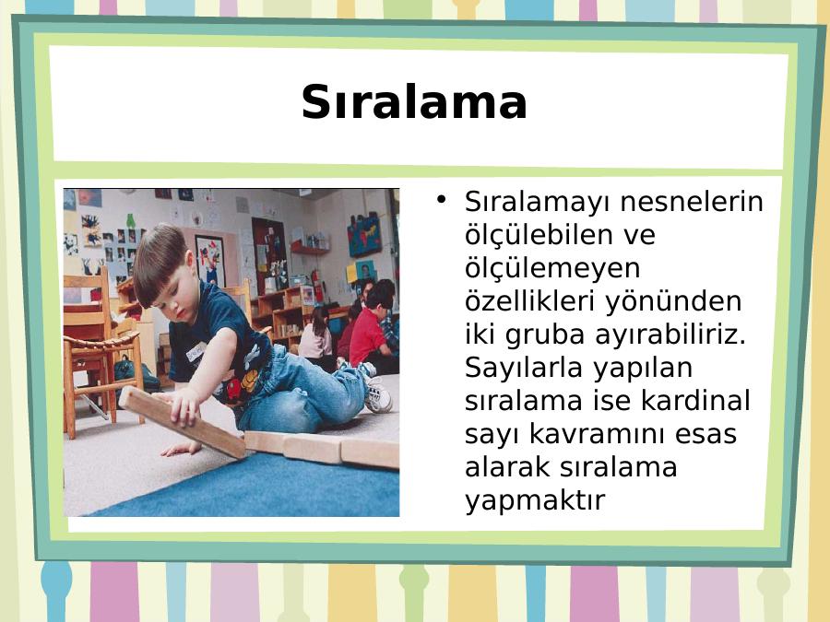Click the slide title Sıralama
414,102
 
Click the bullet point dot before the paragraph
441,199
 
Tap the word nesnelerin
692,202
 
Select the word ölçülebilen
560,234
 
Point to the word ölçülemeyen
552,267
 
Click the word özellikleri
531,300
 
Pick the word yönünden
673,300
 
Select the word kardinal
695,401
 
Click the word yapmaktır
535,499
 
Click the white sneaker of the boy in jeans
377,394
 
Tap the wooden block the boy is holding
182,421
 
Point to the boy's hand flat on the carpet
181,449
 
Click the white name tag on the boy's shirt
196,352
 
